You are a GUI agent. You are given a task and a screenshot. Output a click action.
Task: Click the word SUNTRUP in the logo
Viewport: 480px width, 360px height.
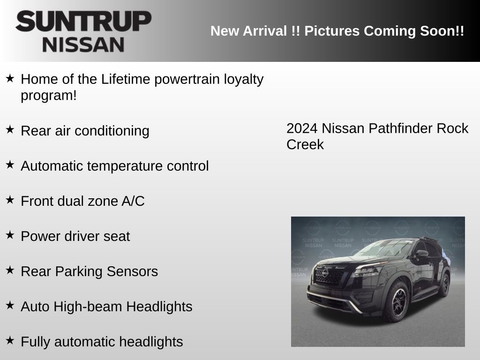click(x=83, y=22)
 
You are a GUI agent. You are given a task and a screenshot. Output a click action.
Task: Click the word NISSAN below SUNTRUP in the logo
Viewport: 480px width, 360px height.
click(x=83, y=45)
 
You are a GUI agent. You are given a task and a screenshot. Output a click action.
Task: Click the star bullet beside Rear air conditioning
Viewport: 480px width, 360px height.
click(x=10, y=129)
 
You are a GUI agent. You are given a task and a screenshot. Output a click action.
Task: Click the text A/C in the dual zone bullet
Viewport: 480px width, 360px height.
click(x=133, y=201)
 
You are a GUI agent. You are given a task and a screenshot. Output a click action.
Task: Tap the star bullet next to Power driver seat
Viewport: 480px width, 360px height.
click(x=10, y=235)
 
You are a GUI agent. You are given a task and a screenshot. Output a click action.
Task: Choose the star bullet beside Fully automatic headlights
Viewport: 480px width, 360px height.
click(x=10, y=340)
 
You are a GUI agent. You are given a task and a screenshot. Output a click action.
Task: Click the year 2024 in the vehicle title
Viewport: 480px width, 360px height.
click(x=302, y=128)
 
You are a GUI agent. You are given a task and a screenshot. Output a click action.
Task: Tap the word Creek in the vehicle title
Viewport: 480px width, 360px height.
click(x=305, y=144)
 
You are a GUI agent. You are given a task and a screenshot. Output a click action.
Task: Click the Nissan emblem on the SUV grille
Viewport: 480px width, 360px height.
click(x=325, y=273)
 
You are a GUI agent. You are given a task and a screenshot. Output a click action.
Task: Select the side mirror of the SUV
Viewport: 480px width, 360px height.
click(x=421, y=255)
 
